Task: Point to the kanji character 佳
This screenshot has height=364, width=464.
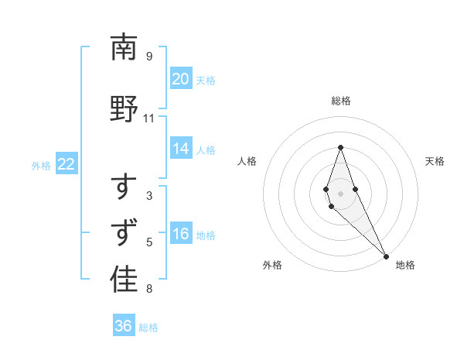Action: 125,280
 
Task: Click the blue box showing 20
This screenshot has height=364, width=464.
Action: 181,79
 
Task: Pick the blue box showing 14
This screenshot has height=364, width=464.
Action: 181,149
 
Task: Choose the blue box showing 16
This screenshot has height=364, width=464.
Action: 181,235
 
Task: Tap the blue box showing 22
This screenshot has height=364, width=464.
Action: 67,164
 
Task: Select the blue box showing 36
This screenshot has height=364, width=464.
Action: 124,326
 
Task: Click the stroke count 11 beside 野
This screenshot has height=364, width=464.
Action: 149,118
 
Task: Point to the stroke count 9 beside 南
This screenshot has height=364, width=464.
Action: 149,57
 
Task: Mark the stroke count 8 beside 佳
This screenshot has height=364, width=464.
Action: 149,290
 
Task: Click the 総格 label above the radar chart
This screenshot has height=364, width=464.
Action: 341,101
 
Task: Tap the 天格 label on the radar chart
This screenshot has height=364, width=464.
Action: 435,161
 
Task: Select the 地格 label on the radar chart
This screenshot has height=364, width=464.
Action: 405,265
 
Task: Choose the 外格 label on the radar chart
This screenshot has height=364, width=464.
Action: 272,265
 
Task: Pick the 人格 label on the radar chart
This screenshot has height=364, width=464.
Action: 247,161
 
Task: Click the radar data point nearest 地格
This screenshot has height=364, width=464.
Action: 386,256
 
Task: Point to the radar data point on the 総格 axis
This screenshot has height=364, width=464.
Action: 340,147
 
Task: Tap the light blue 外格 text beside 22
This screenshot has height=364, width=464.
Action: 41,165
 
